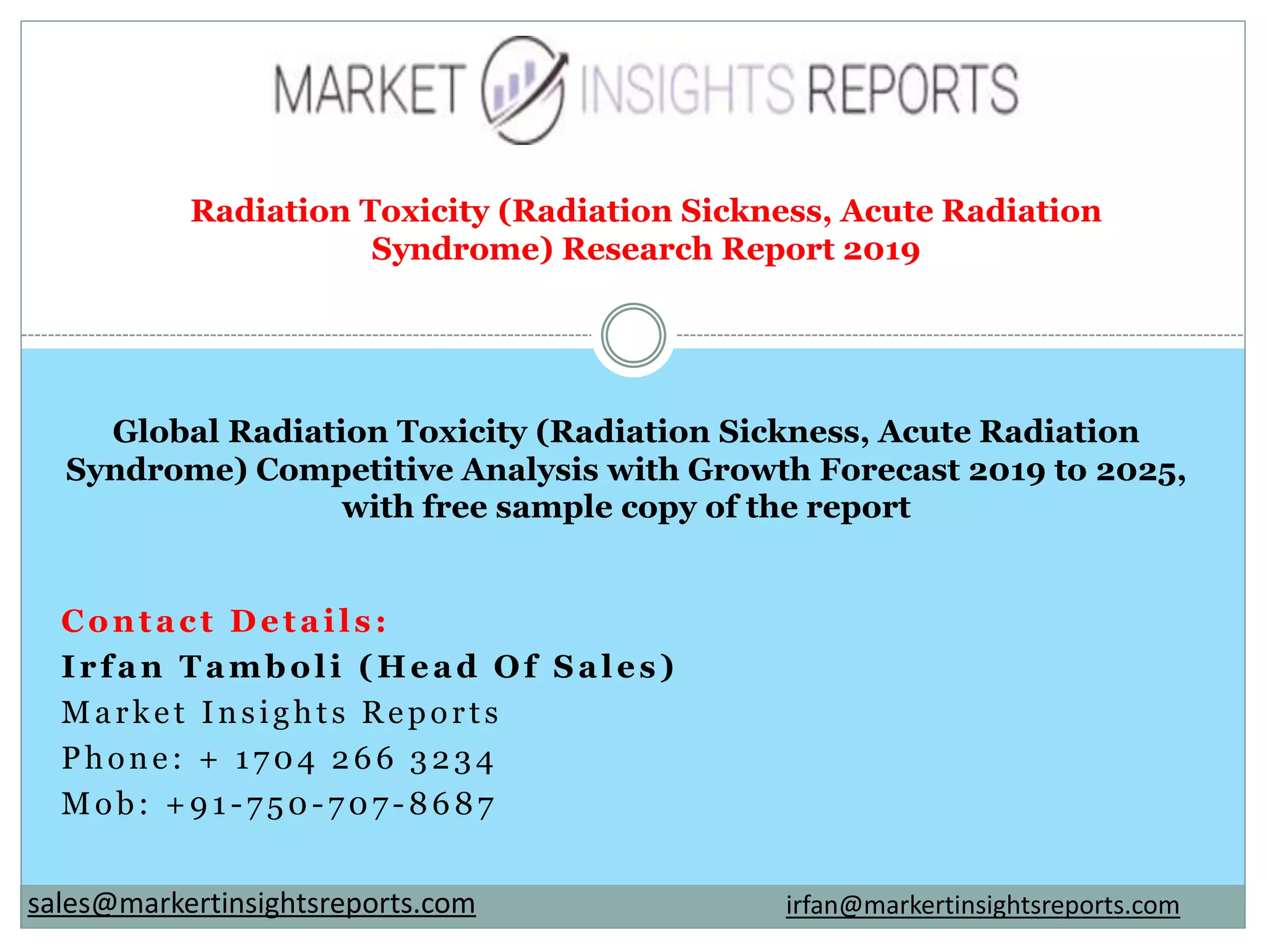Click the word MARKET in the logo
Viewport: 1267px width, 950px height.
(x=369, y=91)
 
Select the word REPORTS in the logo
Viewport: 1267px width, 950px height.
(x=913, y=90)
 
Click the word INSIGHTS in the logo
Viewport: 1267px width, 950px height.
(x=687, y=91)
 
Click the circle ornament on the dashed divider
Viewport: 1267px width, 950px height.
(x=633, y=335)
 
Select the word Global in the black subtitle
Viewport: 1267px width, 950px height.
(x=165, y=432)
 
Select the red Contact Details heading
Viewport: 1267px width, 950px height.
(x=225, y=621)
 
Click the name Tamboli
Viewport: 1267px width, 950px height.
(x=260, y=667)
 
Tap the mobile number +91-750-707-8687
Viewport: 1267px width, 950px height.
(x=331, y=805)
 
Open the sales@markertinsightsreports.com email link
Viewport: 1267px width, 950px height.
(x=252, y=904)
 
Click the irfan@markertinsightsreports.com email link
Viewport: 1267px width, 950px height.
(x=982, y=905)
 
